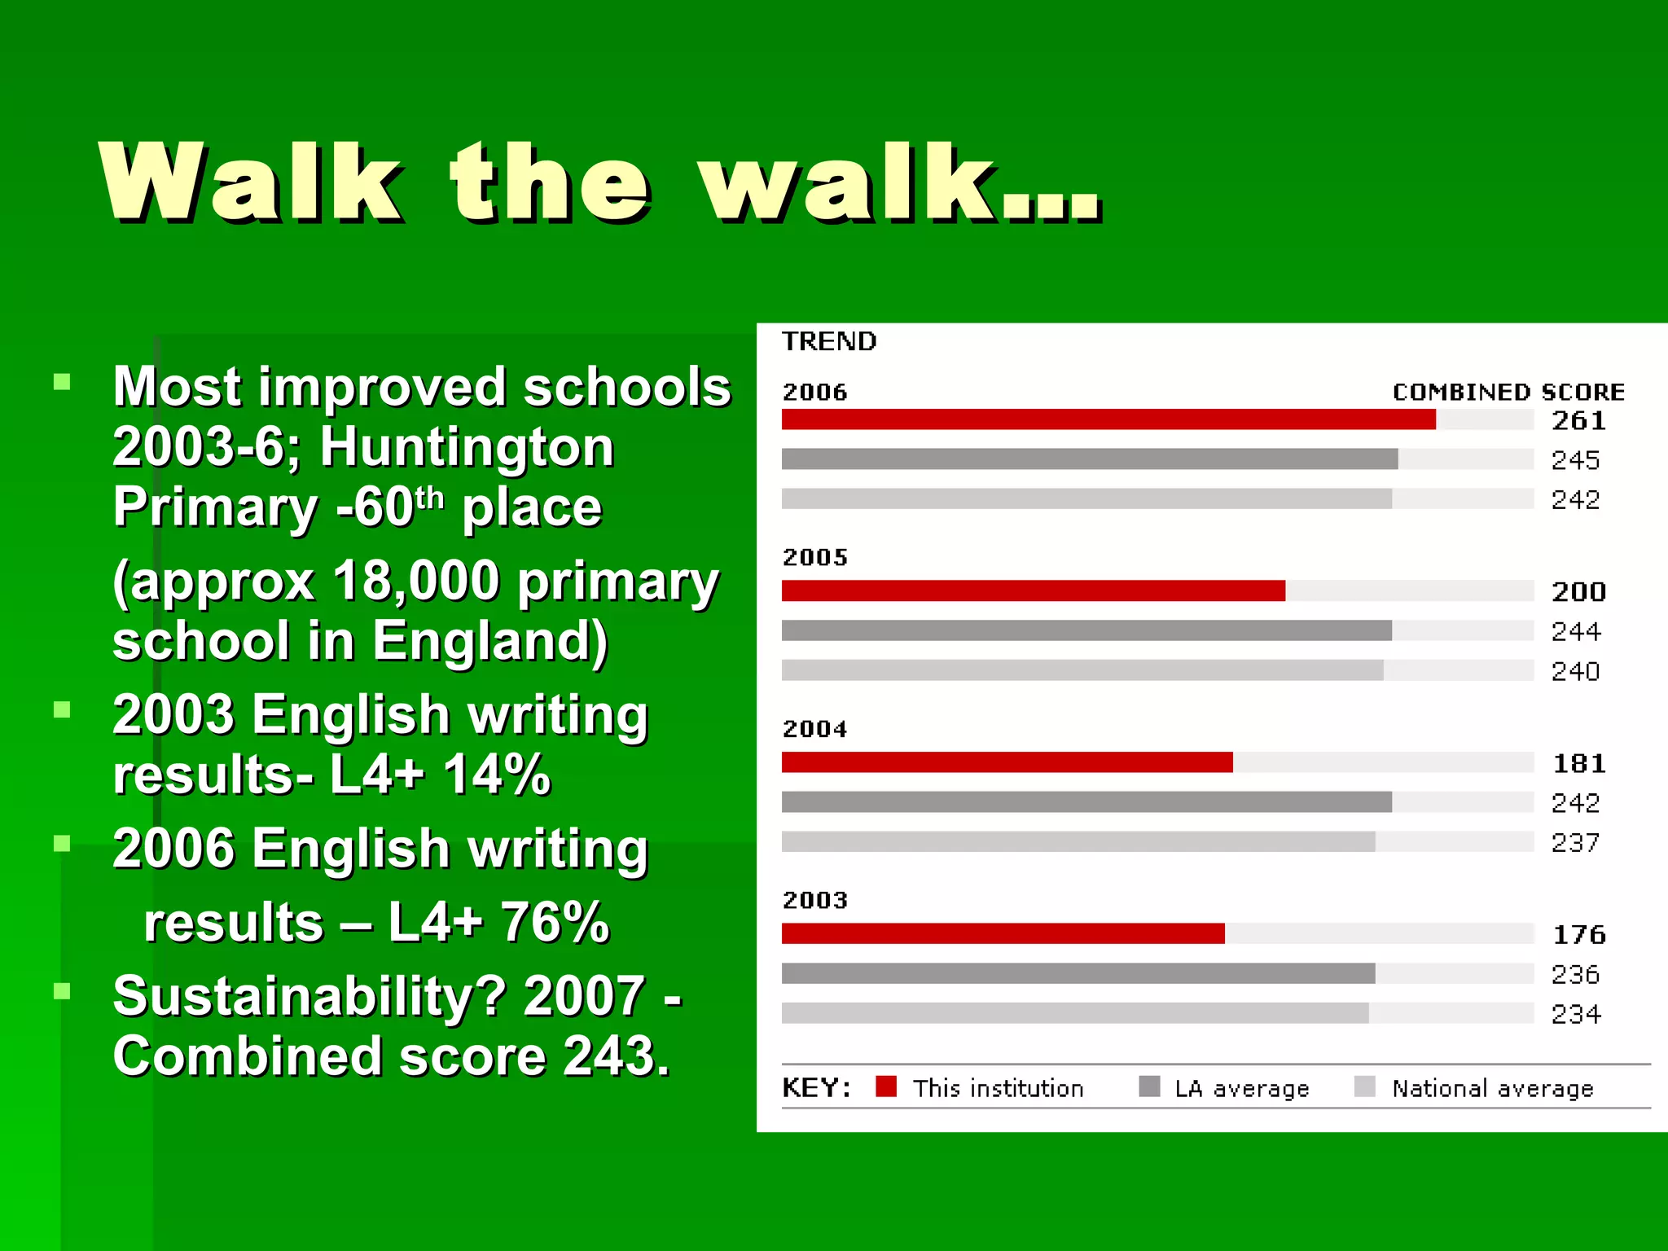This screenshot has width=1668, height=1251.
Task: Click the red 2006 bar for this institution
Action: coord(1108,419)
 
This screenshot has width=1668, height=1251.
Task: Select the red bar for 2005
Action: coord(1033,590)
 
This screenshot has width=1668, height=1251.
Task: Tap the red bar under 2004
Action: coord(1007,762)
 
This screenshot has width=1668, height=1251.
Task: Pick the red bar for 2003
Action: coord(1003,933)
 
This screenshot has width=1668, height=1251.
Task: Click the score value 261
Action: coord(1578,420)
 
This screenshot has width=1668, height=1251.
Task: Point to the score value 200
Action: coord(1578,591)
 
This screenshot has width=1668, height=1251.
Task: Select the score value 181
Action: coord(1578,763)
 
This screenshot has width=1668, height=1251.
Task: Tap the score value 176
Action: coord(1578,934)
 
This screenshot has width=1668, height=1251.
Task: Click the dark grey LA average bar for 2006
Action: coord(1089,459)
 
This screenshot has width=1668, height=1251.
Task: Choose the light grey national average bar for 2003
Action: coord(1074,1013)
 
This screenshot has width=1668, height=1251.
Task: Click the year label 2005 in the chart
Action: coord(814,557)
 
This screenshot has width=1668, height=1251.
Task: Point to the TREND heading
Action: coord(829,341)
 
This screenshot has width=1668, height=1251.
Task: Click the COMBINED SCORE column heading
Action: coord(1508,393)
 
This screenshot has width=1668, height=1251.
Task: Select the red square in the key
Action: coord(886,1086)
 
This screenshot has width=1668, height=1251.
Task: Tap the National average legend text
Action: coord(1492,1088)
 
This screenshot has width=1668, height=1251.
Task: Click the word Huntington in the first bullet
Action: coord(467,447)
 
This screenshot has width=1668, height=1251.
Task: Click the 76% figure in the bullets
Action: coord(555,922)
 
